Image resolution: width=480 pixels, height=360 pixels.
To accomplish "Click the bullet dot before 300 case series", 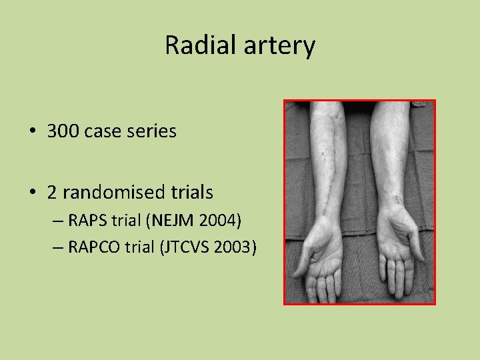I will coord(32,131).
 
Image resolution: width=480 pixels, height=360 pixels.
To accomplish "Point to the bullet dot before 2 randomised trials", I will coord(32,193).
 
